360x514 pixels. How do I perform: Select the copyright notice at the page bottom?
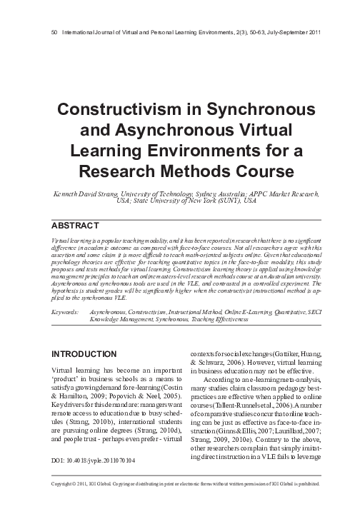click(x=180, y=503)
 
